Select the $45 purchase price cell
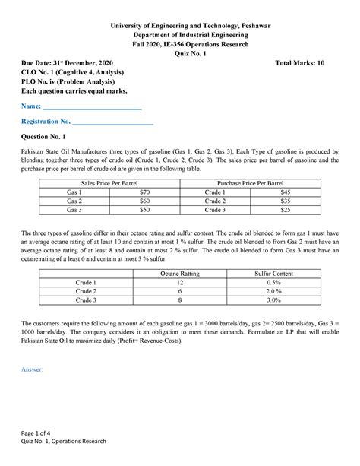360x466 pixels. [286, 193]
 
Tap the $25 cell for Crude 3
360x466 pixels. [286, 210]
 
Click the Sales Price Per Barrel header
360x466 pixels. [109, 184]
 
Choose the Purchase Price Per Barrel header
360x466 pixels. [250, 184]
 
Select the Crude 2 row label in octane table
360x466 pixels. [85, 291]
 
